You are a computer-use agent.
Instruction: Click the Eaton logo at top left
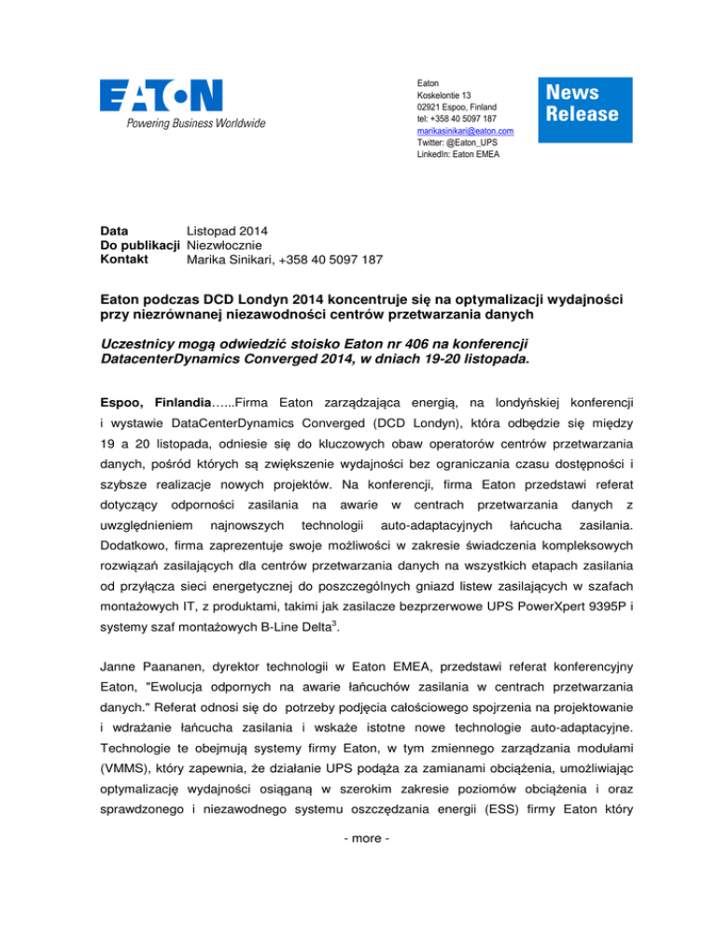coord(162,94)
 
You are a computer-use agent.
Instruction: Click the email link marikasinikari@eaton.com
coord(465,132)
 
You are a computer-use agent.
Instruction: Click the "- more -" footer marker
coord(358,858)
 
